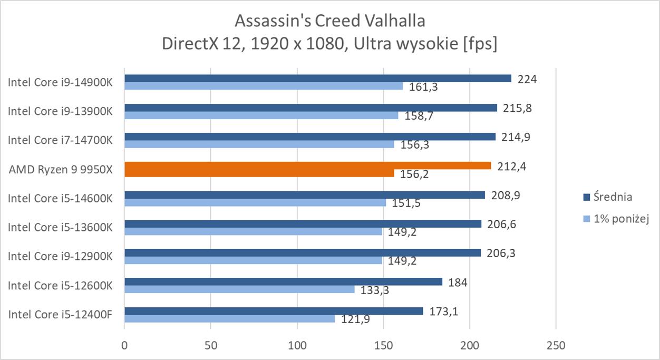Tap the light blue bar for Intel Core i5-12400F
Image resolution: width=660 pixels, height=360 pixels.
[229, 319]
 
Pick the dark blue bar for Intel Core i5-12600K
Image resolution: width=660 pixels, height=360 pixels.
[283, 282]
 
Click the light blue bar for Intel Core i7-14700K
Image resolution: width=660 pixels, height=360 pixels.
[259, 144]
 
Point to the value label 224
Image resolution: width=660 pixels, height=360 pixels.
[527, 79]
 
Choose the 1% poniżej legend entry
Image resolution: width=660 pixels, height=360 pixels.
[620, 219]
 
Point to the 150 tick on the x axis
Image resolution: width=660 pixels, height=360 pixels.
[383, 346]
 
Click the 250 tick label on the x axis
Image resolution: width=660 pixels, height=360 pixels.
[556, 346]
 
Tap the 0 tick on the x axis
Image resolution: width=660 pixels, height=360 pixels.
[124, 346]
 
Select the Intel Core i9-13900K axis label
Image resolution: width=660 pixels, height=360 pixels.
[60, 111]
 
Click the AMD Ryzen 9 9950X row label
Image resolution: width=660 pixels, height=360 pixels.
[61, 169]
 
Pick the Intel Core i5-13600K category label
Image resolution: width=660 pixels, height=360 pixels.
[60, 227]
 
